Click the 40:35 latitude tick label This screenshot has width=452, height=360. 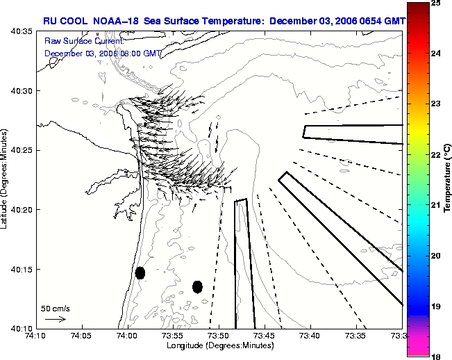[22, 31]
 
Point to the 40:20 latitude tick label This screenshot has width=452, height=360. [22, 210]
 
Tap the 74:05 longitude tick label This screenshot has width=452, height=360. [81, 336]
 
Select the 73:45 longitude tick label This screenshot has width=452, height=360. [264, 336]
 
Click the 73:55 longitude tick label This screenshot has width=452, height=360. [173, 336]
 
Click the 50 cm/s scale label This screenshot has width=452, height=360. [56, 309]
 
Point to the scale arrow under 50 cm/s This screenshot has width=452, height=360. [56, 319]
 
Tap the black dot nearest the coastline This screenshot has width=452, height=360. [140, 273]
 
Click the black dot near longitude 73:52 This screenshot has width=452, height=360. [197, 287]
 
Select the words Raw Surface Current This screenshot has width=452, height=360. [84, 41]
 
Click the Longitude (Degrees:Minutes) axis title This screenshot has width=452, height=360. [220, 345]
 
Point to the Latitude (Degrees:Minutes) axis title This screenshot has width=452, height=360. [3, 179]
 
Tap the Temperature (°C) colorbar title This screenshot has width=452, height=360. [447, 178]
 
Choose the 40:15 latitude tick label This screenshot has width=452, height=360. [22, 269]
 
